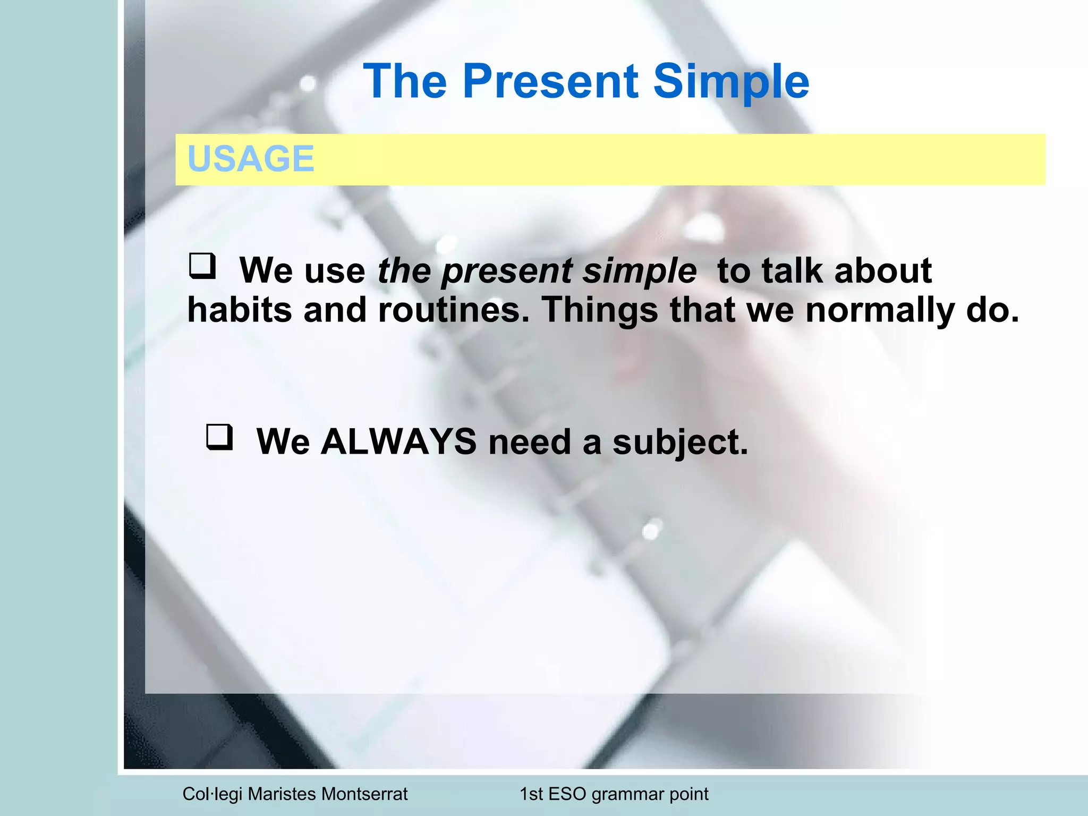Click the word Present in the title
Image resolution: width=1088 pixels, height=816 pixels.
point(550,82)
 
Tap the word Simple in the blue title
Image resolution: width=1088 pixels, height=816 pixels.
point(730,82)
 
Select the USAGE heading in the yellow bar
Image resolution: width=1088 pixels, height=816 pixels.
point(251,159)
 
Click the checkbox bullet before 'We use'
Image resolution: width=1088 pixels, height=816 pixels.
point(202,266)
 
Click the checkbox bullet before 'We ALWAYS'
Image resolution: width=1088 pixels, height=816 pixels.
point(219,437)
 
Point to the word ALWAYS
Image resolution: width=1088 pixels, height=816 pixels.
point(398,441)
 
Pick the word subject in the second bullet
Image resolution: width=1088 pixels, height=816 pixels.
point(680,443)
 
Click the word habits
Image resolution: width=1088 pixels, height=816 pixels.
point(240,310)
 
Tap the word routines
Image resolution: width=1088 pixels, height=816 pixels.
point(454,310)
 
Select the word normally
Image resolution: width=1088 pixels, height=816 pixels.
point(880,310)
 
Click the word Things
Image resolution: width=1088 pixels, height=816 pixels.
point(599,310)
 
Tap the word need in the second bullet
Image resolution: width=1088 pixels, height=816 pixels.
point(530,442)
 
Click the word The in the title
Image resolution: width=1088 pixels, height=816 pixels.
point(405,82)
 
